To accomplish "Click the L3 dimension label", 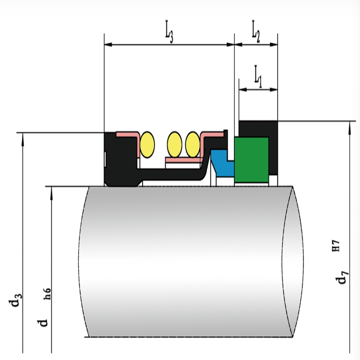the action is click(x=169, y=31).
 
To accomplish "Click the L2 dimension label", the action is click(x=256, y=31).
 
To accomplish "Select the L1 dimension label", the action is click(x=258, y=76).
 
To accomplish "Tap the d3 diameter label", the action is click(x=16, y=299).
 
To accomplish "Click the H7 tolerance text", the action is click(x=336, y=246).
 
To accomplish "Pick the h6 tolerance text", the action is click(x=47, y=294).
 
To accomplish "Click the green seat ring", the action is click(x=252, y=160).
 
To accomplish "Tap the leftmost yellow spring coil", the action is click(x=147, y=144).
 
